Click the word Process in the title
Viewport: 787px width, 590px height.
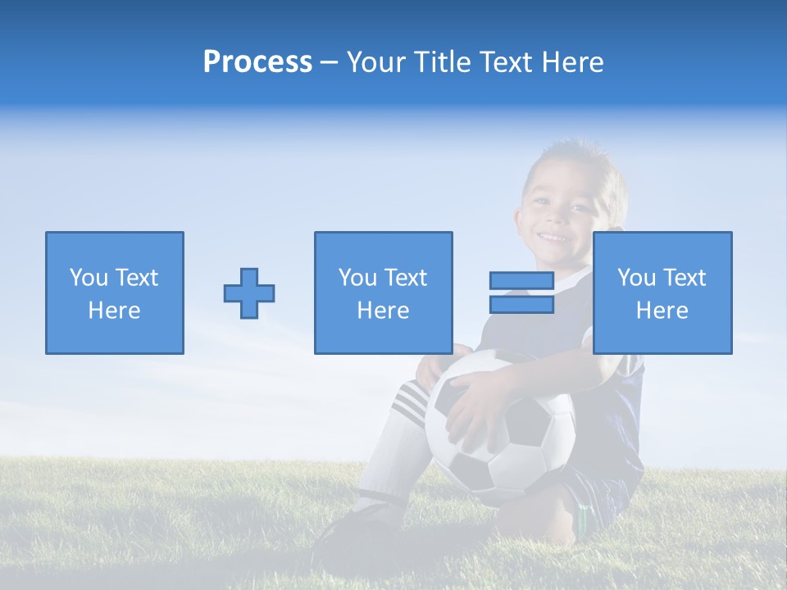pos(257,62)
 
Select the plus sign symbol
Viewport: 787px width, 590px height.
pos(249,293)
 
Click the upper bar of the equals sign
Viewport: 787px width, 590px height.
pos(521,281)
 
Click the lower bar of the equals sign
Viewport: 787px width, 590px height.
pos(521,304)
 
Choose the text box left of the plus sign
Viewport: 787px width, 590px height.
pos(115,293)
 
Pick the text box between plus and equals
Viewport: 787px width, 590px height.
pos(384,293)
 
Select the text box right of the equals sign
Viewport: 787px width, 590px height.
pos(662,293)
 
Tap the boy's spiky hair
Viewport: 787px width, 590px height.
pos(574,156)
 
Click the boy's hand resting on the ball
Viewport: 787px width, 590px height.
pos(475,410)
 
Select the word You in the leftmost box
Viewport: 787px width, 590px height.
pos(89,278)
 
